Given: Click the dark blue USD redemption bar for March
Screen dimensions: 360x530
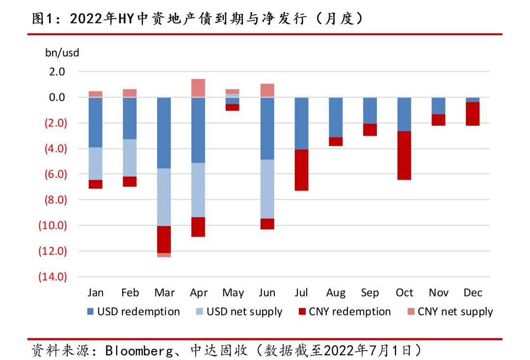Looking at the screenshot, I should click(x=164, y=133).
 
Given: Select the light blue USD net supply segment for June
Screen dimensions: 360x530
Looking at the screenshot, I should click(x=267, y=189).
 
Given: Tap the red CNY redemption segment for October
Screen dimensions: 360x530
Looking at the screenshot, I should click(x=404, y=155).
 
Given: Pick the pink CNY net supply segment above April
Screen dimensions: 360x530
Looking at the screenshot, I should click(x=198, y=88).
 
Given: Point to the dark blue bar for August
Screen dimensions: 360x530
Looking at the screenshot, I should click(x=336, y=117).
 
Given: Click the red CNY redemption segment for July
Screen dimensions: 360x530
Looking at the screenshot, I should click(x=301, y=170).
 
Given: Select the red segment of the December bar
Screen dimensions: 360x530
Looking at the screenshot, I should click(x=473, y=113).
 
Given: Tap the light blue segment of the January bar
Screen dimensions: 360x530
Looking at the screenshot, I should click(x=95, y=164).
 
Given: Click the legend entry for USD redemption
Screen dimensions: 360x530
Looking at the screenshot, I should click(x=133, y=312).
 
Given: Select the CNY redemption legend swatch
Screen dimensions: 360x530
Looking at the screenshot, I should click(x=302, y=312).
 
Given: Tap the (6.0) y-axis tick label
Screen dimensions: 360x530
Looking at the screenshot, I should click(x=53, y=174).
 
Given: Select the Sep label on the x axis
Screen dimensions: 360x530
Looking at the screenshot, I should click(x=370, y=293).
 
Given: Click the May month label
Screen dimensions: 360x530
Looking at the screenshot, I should click(x=233, y=293).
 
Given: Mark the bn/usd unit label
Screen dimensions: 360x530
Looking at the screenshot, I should click(x=62, y=53).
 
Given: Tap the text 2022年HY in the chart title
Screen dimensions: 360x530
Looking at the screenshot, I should click(x=98, y=19).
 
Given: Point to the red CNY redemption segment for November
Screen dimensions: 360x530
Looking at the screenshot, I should click(x=438, y=120).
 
